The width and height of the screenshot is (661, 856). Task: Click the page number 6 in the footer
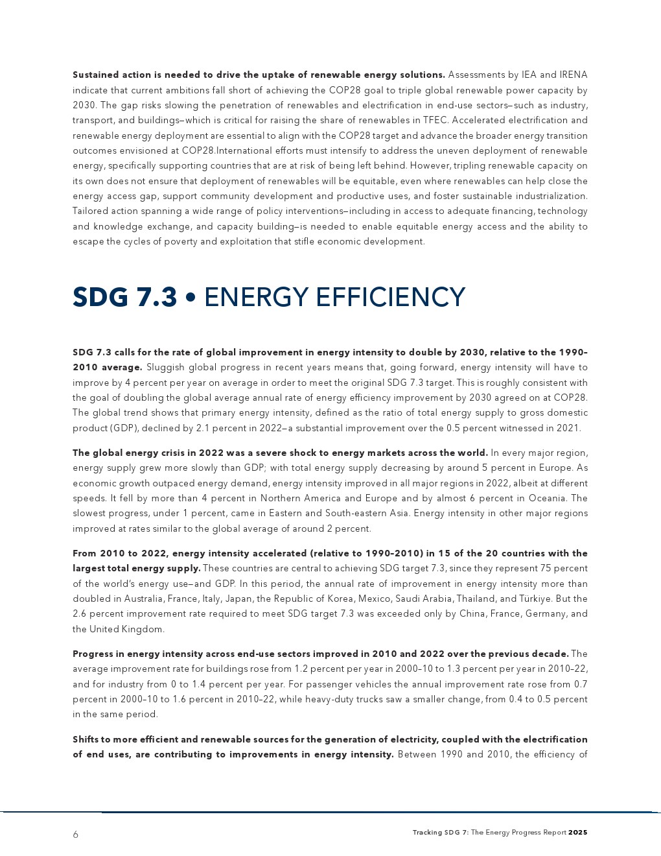pos(75,835)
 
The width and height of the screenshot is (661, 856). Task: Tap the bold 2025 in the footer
pos(577,833)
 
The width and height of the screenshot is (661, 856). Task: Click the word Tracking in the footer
pos(427,833)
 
